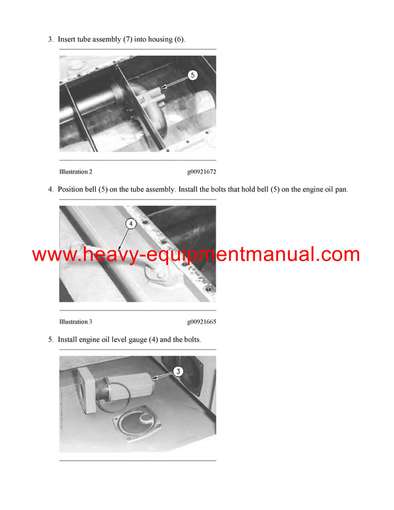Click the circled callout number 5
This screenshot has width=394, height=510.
[192, 75]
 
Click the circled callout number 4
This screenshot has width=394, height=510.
[131, 223]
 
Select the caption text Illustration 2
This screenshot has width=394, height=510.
[76, 172]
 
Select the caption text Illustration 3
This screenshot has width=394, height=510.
[76, 322]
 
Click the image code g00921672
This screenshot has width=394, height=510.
[202, 172]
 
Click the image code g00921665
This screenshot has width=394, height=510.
[202, 322]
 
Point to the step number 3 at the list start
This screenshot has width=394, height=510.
[51, 39]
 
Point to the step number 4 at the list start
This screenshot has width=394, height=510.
[51, 190]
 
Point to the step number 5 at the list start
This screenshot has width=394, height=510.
[51, 340]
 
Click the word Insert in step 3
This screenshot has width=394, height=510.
[67, 39]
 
